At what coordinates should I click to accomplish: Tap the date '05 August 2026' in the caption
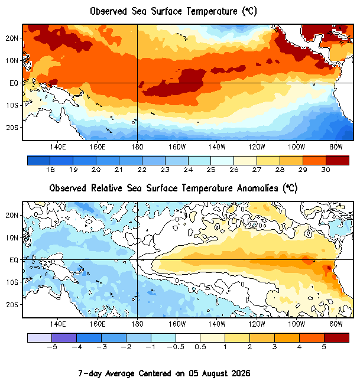tap(219, 373)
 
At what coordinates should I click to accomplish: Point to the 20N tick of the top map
tap(12, 38)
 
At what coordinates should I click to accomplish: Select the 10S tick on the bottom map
tap(12, 282)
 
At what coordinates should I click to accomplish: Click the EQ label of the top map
tap(14, 83)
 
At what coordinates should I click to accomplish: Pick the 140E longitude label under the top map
tap(58, 147)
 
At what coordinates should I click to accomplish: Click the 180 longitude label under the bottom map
tap(137, 324)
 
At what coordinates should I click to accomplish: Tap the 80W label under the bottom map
tap(336, 324)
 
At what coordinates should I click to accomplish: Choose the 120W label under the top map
tap(257, 147)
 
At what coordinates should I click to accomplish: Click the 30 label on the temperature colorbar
tap(326, 170)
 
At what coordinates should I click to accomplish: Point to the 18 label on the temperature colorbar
tap(50, 170)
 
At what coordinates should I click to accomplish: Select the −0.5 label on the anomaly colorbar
tap(176, 347)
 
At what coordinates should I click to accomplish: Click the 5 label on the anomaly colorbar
tap(324, 347)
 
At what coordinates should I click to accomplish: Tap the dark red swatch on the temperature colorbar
tap(338, 161)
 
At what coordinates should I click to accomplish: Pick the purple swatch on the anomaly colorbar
tap(64, 338)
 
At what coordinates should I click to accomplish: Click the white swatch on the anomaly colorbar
tap(188, 338)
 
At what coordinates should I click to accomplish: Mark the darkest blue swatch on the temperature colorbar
tap(39, 161)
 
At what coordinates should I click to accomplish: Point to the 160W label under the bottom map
tap(177, 324)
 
